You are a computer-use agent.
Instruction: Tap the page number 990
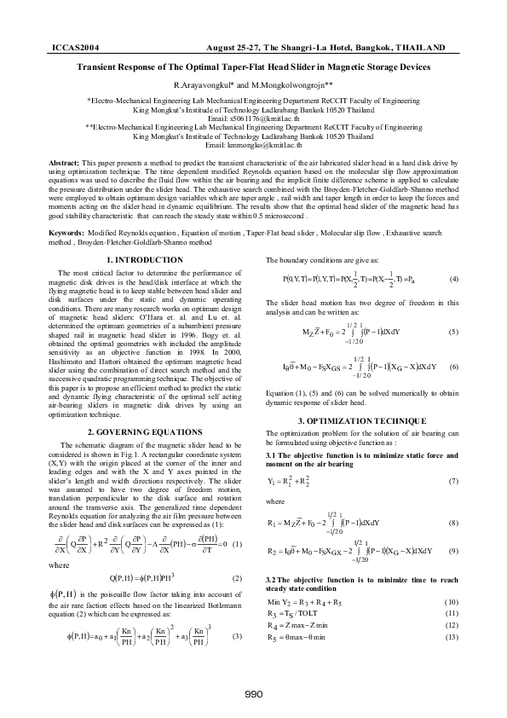click(x=253, y=693)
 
